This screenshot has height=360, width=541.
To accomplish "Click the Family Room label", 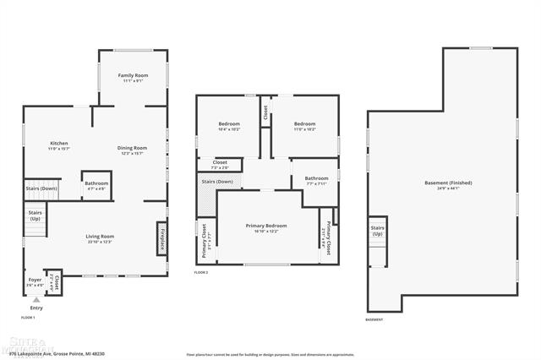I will [x=134, y=76].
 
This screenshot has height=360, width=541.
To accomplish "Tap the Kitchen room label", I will [x=59, y=144].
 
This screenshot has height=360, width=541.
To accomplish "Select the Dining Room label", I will [x=132, y=148].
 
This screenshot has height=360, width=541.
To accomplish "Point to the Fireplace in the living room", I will [x=161, y=239].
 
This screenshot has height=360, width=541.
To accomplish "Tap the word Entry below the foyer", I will [x=36, y=308].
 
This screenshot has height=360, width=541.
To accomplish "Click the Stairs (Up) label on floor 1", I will [x=36, y=215].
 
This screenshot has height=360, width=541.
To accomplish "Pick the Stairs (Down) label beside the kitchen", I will [x=41, y=188].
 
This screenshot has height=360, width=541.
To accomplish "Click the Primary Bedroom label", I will [x=266, y=226].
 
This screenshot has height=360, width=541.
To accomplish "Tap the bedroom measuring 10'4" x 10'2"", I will [x=229, y=124].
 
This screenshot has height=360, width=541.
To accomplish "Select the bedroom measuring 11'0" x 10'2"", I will [x=304, y=124].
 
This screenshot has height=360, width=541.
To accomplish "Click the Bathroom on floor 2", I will [x=316, y=178].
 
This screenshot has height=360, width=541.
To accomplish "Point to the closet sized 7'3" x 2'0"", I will [x=220, y=162].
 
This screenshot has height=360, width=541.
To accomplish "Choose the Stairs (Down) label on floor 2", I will [x=217, y=182].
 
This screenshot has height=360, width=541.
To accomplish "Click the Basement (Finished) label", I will [x=448, y=183].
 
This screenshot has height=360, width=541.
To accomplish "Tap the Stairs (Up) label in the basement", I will [x=377, y=231].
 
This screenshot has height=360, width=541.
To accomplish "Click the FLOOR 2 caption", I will [x=201, y=273].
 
